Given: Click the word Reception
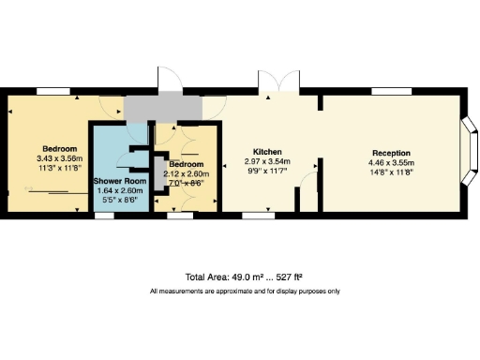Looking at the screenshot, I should pyautogui.click(x=392, y=153).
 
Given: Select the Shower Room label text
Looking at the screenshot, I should pyautogui.click(x=117, y=180).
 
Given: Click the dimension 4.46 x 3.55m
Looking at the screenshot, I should pyautogui.click(x=392, y=162).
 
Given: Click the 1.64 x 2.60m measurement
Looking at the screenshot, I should pyautogui.click(x=117, y=190).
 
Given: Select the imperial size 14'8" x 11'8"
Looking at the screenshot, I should pyautogui.click(x=392, y=172).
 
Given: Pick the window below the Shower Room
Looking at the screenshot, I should pyautogui.click(x=102, y=216).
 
